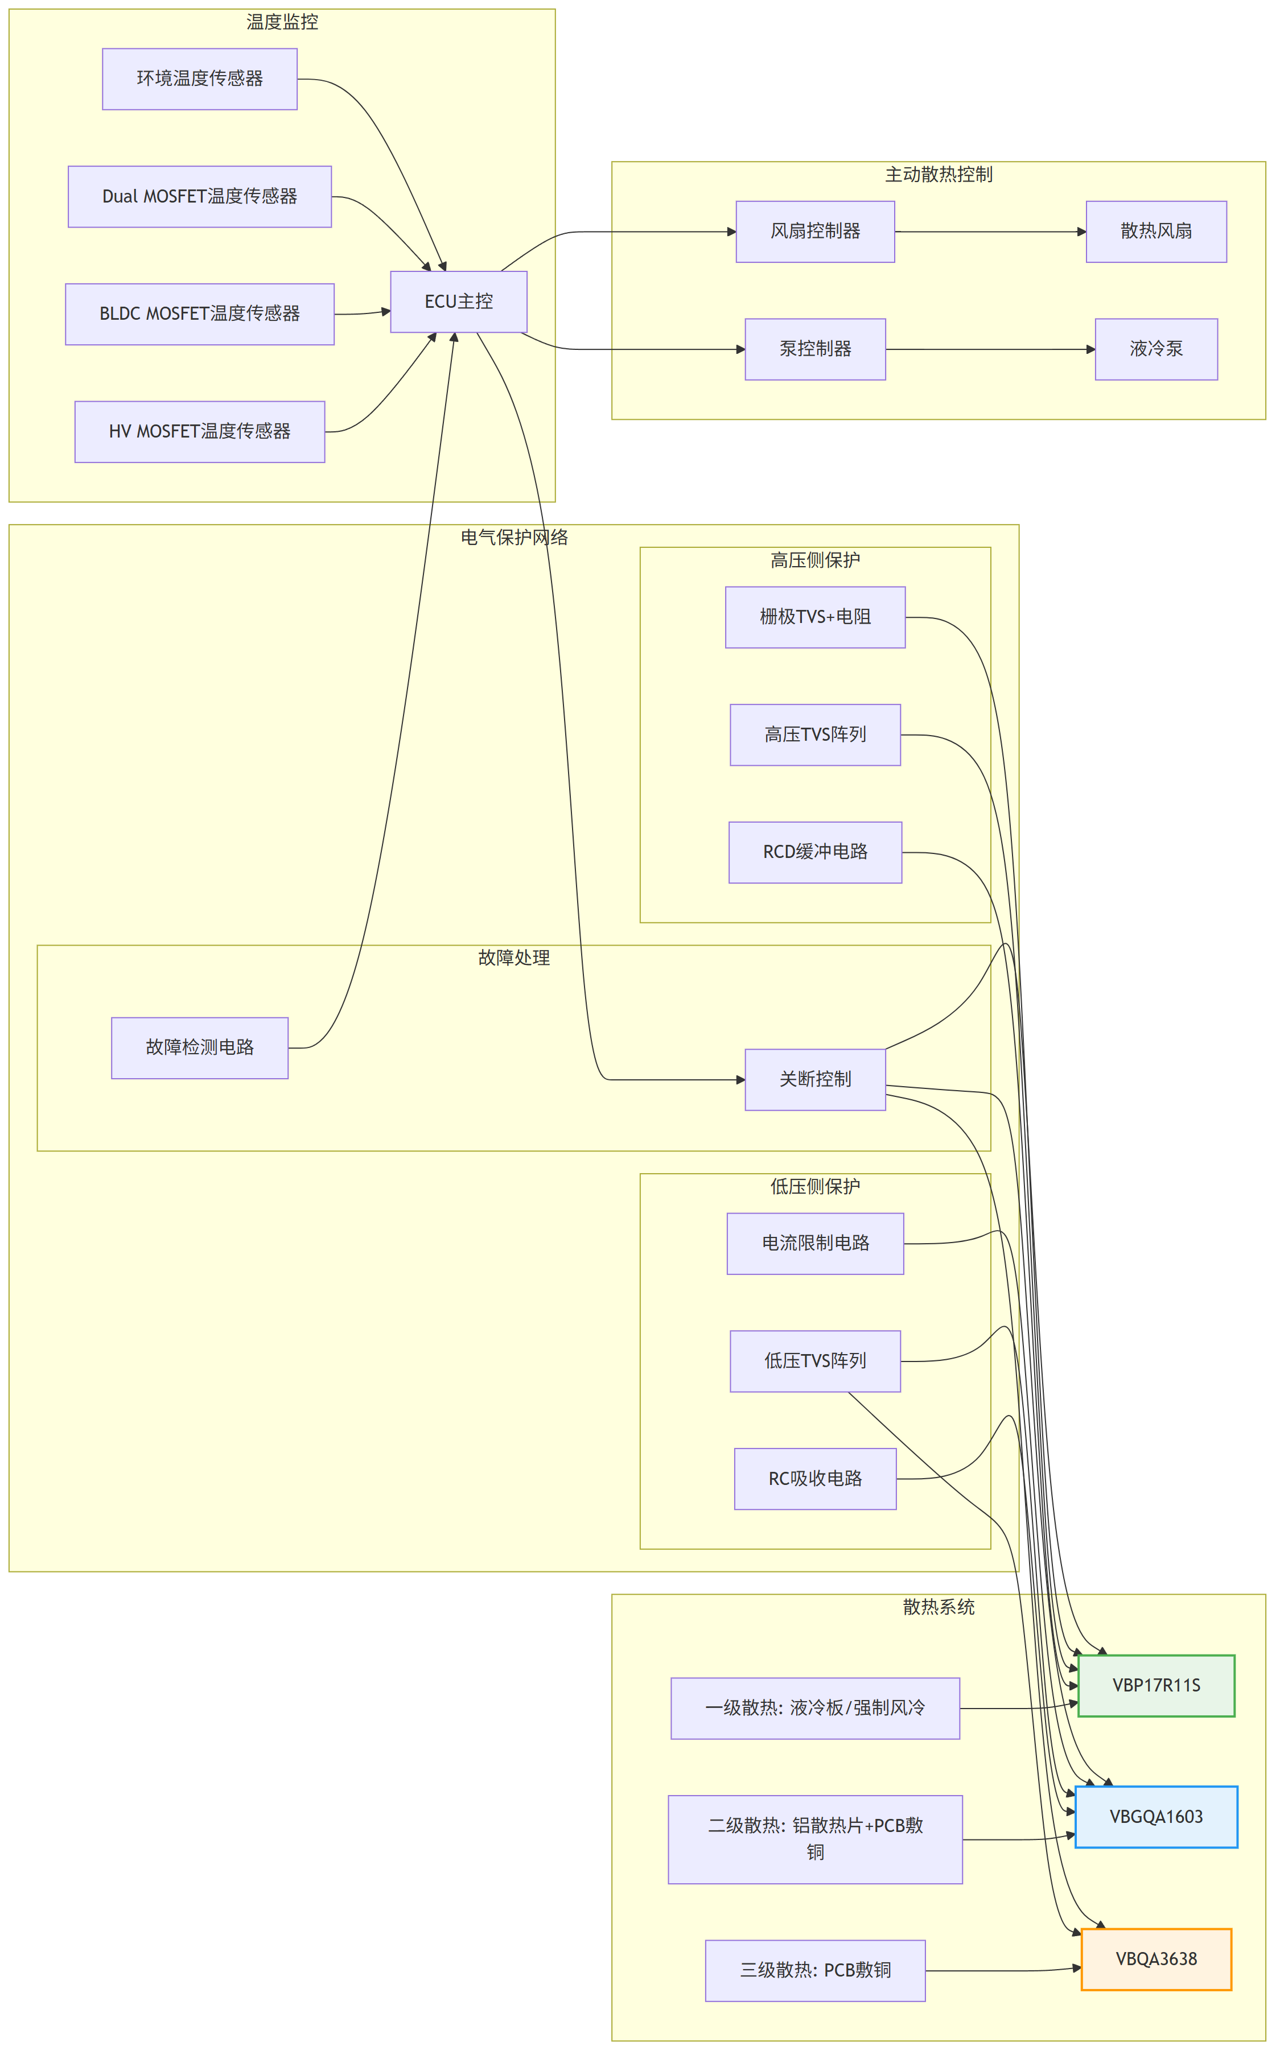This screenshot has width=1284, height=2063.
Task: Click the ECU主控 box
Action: pos(459,302)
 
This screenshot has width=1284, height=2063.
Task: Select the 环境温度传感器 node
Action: pos(200,79)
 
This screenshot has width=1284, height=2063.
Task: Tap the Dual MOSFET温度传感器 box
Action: pos(200,196)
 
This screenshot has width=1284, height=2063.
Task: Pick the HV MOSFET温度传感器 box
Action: pos(200,431)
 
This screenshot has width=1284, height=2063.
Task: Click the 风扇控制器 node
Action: pos(815,232)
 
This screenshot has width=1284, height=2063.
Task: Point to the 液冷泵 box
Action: pos(1156,349)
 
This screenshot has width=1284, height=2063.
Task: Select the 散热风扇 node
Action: pos(1156,232)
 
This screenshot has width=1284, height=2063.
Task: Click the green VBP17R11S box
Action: pos(1156,1685)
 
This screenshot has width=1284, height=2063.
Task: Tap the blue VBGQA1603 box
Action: pos(1156,1817)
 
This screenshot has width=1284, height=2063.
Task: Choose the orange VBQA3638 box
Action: pos(1156,1958)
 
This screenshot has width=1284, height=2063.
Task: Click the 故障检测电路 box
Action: pos(200,1047)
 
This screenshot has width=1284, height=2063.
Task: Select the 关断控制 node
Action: pos(815,1079)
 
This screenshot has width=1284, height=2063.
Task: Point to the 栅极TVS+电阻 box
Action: pos(815,617)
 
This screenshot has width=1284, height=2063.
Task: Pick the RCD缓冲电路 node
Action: pos(815,852)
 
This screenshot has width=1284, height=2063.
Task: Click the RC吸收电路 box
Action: pos(815,1479)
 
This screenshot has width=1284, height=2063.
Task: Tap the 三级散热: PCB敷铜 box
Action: pos(815,1970)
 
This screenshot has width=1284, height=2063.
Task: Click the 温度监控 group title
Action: pos(282,22)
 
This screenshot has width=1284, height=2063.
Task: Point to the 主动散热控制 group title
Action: pos(939,174)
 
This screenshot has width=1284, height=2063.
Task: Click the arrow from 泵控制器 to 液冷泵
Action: pos(990,349)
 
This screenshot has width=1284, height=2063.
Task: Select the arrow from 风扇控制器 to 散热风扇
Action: pos(990,232)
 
